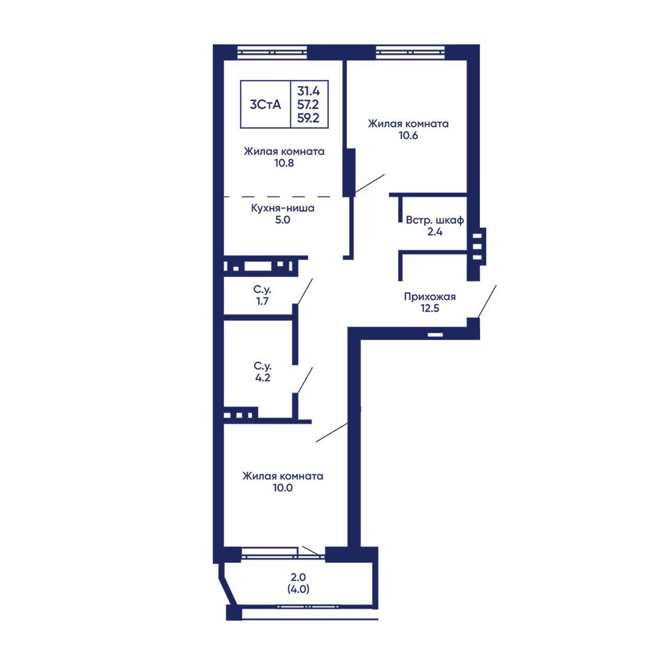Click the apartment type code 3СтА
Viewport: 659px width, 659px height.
click(x=265, y=105)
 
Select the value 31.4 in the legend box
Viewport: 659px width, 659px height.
click(x=308, y=91)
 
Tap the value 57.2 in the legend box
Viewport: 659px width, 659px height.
click(x=308, y=105)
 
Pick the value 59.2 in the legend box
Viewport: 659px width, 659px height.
click(x=308, y=118)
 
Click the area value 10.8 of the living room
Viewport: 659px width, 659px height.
click(x=284, y=163)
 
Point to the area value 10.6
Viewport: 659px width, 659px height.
click(x=408, y=135)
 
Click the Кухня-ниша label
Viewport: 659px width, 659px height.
click(x=283, y=208)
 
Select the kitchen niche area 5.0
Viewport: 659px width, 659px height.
click(x=283, y=220)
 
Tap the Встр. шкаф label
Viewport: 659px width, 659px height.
click(x=435, y=220)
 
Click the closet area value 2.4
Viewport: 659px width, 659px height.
click(x=435, y=232)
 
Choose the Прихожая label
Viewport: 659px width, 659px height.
click(x=430, y=297)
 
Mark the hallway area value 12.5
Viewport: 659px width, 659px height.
click(x=430, y=308)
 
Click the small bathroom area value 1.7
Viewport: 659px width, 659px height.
click(x=262, y=302)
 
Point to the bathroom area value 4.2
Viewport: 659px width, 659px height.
click(x=262, y=378)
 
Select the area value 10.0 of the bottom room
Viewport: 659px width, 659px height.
click(x=283, y=488)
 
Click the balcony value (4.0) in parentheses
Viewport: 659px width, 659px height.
click(x=298, y=589)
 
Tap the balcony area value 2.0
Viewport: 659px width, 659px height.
click(x=298, y=577)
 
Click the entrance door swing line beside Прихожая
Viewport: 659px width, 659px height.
click(x=487, y=302)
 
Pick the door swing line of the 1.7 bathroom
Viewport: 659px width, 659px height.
click(x=305, y=291)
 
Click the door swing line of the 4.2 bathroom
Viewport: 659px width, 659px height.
click(x=305, y=380)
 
